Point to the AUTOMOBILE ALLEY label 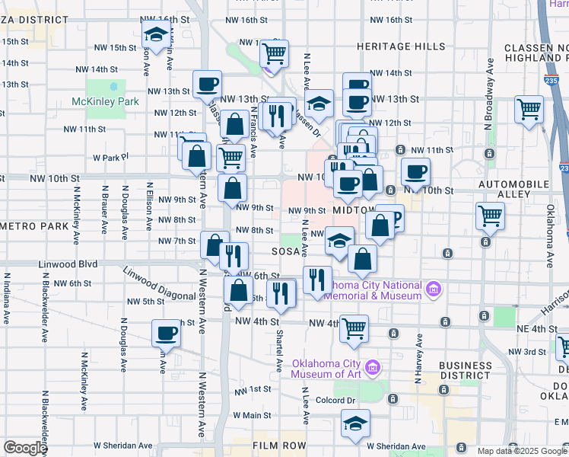(x=513, y=189)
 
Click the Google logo (x=24, y=448)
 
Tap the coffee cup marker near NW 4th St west (x=166, y=333)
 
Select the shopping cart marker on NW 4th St (x=354, y=328)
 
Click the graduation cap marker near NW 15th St (x=156, y=34)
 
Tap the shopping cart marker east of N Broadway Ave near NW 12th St (x=529, y=108)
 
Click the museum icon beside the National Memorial (x=434, y=289)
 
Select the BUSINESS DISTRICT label (x=466, y=370)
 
